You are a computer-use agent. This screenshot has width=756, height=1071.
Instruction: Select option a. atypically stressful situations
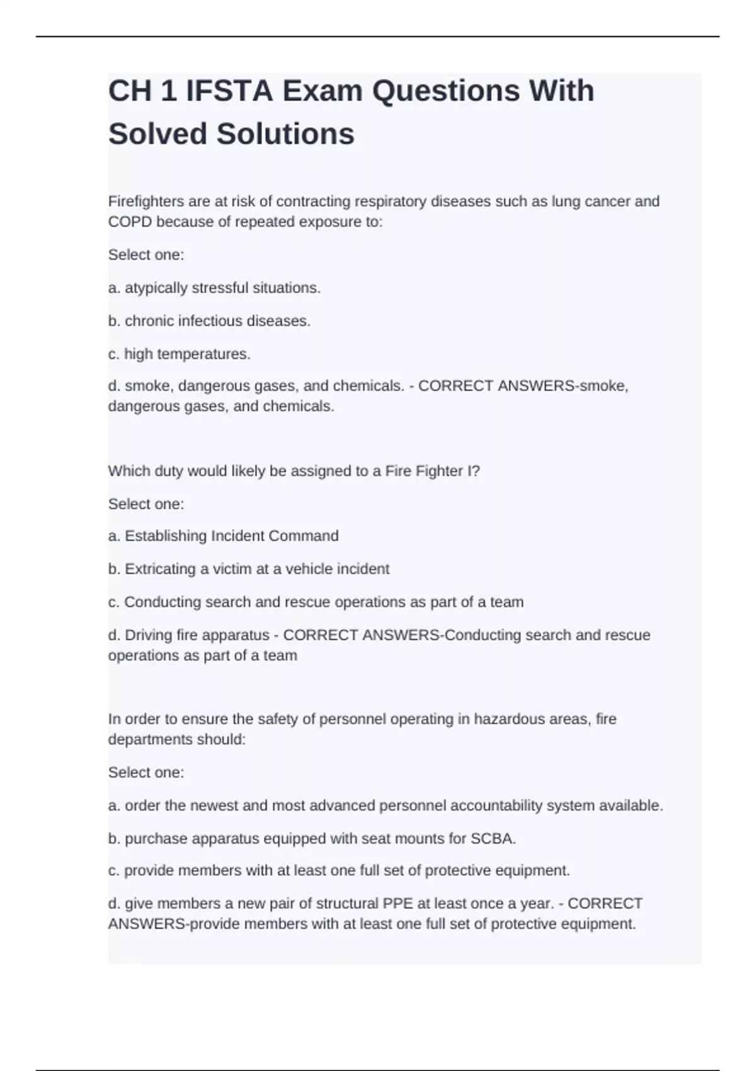coord(214,288)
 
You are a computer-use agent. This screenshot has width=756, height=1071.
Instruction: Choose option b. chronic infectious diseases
coord(209,321)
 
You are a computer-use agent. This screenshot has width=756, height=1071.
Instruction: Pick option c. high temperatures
coord(179,354)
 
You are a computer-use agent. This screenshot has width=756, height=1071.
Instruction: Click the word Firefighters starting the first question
coord(146,202)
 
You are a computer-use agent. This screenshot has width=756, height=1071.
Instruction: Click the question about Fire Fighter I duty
coord(294,471)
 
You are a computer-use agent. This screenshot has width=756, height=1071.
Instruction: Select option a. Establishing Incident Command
coord(223,536)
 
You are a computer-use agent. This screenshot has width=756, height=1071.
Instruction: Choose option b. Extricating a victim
coord(248,569)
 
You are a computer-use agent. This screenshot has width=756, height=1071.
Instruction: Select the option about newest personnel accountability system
coord(385,806)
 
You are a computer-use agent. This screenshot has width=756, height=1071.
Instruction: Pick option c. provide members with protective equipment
coord(339,871)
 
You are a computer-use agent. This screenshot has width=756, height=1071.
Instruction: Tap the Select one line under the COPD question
coord(146,255)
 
